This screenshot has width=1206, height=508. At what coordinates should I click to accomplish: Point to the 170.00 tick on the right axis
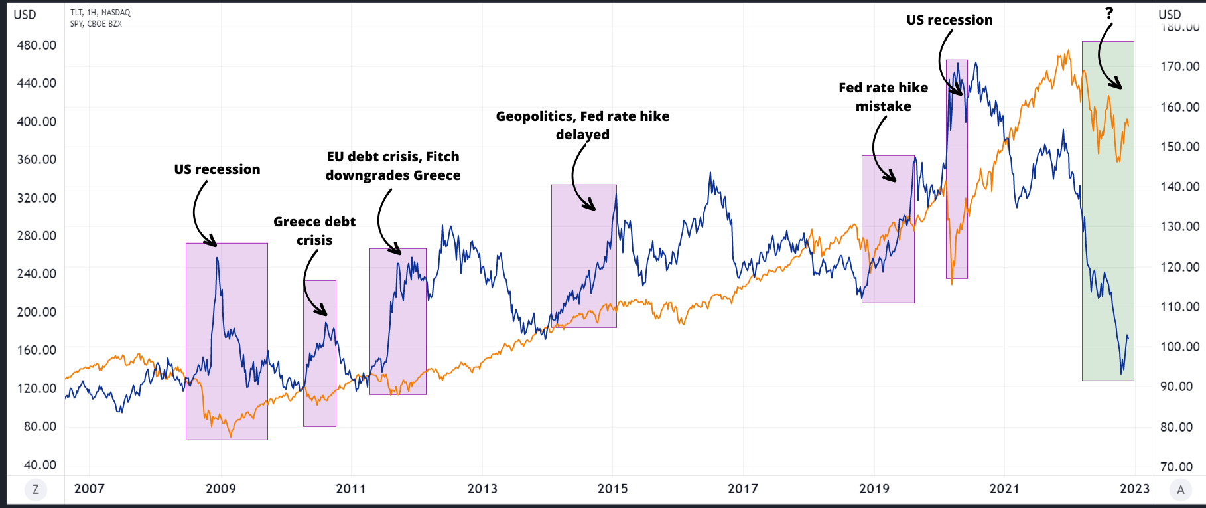point(1179,66)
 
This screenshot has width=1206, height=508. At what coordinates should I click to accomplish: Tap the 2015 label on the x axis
point(612,489)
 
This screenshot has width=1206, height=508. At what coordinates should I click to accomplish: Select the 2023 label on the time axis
point(1134,489)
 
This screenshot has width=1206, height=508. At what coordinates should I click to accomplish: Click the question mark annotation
point(1108,13)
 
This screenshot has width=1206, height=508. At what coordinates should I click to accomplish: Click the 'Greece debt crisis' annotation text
point(314,230)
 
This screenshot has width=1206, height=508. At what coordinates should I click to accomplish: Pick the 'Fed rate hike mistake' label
point(883,97)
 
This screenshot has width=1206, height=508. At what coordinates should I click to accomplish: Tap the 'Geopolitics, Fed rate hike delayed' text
point(582,126)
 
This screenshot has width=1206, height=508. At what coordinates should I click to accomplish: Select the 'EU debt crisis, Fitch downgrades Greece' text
point(393,166)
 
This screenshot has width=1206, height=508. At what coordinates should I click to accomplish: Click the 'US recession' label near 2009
point(217,169)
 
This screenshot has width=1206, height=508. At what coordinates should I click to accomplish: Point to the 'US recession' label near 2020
point(949,20)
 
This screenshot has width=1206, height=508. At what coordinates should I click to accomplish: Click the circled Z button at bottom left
point(36,490)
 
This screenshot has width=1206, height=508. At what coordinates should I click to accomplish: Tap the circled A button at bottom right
point(1180,490)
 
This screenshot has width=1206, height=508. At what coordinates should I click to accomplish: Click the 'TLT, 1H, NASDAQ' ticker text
point(100,13)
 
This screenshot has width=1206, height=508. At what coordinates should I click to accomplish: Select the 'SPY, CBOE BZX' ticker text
point(96,24)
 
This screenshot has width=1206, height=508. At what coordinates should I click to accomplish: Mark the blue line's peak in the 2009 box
point(217,258)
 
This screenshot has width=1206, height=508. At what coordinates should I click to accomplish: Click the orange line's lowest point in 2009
point(231,436)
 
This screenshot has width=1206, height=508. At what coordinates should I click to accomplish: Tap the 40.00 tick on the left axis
point(40,465)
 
